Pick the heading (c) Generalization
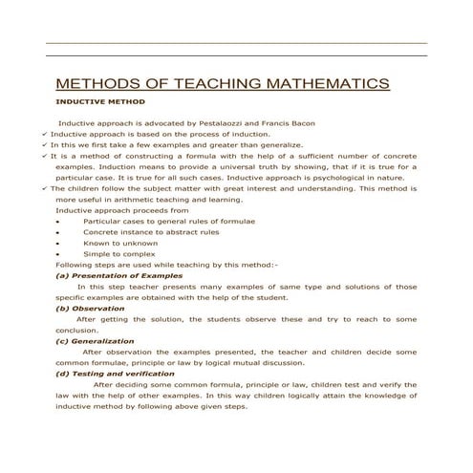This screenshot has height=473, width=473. pos(95,341)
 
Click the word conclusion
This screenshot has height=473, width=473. pos(77,330)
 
